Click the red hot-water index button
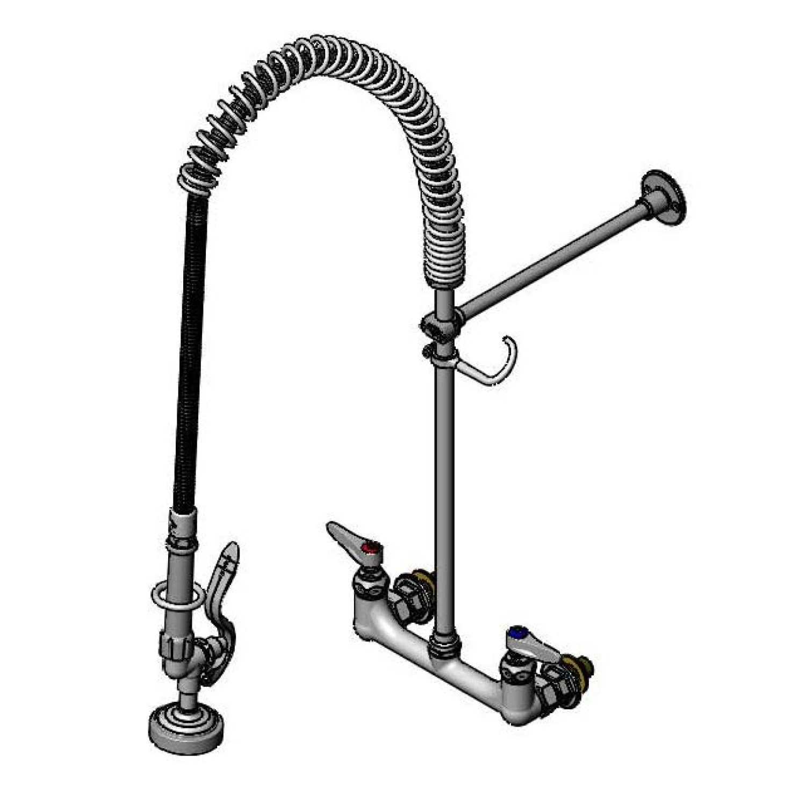(369, 549)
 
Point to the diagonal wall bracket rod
(548, 258)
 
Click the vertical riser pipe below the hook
(444, 484)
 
